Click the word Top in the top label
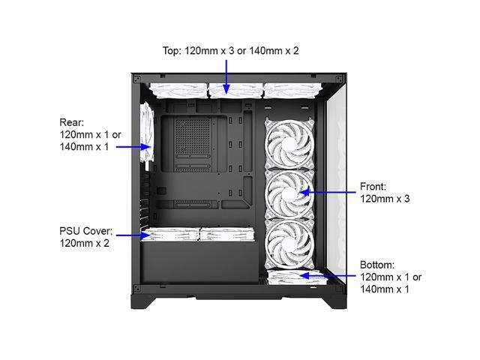(x=172, y=51)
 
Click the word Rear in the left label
(x=72, y=121)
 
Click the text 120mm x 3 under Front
(x=385, y=199)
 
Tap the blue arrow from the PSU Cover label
(x=131, y=235)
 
